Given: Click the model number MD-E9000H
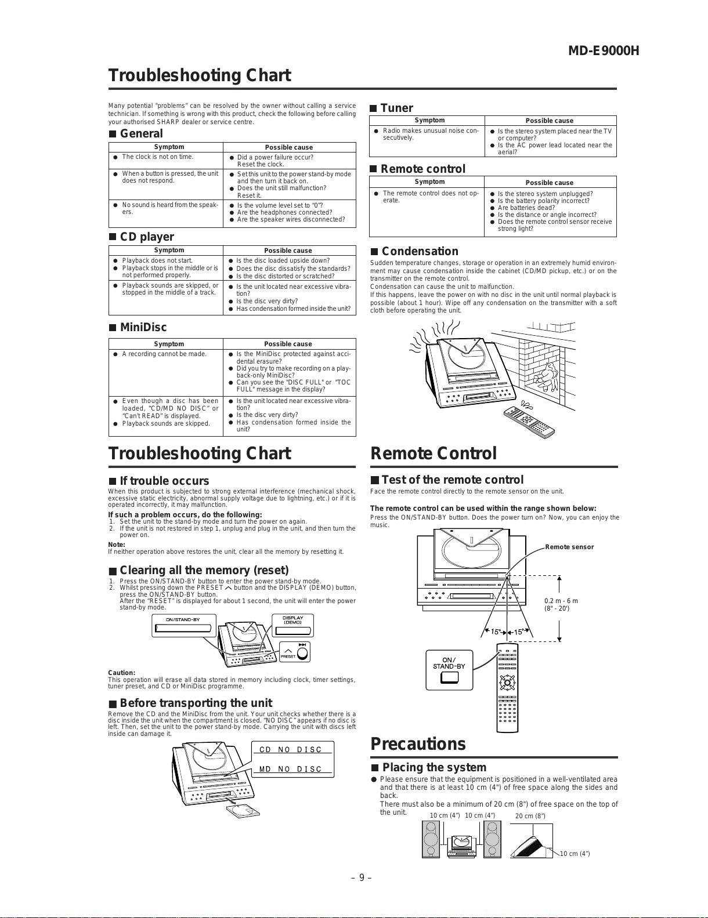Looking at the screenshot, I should click(x=603, y=50).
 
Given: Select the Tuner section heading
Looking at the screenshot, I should click(x=396, y=108).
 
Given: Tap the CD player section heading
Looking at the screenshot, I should click(x=146, y=237).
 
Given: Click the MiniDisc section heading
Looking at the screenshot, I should click(x=143, y=327).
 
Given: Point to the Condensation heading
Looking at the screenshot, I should click(x=420, y=251).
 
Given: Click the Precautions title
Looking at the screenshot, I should click(x=418, y=744).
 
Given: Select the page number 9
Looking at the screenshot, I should click(x=361, y=877).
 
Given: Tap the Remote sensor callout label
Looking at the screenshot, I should click(x=569, y=547).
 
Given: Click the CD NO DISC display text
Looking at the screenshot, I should click(x=291, y=749).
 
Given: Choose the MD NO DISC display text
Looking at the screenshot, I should click(x=291, y=769).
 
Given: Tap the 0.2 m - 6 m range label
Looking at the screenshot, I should click(x=561, y=601).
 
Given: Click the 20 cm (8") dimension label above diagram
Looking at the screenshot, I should click(x=530, y=816).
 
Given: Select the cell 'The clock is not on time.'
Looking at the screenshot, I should click(x=158, y=157).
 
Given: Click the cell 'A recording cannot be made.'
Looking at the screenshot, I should click(x=164, y=354).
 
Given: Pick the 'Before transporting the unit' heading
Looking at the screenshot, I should click(x=196, y=703).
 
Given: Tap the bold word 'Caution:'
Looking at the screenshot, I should click(x=122, y=673).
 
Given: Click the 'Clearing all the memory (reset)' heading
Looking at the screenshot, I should click(x=204, y=570).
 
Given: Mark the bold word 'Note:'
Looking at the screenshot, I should click(x=117, y=545).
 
